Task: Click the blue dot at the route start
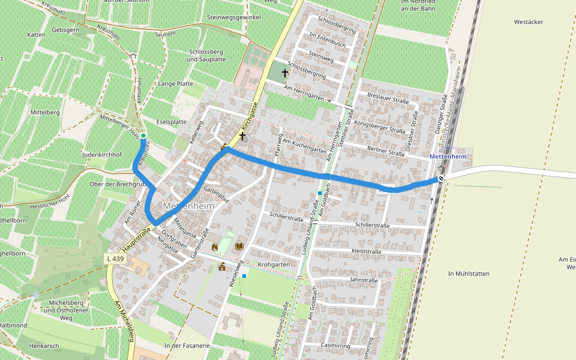[x=143, y=136]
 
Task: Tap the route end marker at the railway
[x=441, y=178]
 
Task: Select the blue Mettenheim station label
[x=448, y=157]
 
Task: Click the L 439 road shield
[x=116, y=258]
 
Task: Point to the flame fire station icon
[x=215, y=247]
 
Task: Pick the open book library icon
[x=239, y=246]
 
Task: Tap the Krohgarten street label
[x=274, y=264]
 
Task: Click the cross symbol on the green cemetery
[x=284, y=73]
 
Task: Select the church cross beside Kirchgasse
[x=242, y=136]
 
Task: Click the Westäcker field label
[x=528, y=22]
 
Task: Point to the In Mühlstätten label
[x=469, y=274]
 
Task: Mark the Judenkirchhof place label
[x=102, y=155]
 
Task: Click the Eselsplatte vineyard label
[x=171, y=122]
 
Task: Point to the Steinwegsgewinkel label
[x=233, y=18]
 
